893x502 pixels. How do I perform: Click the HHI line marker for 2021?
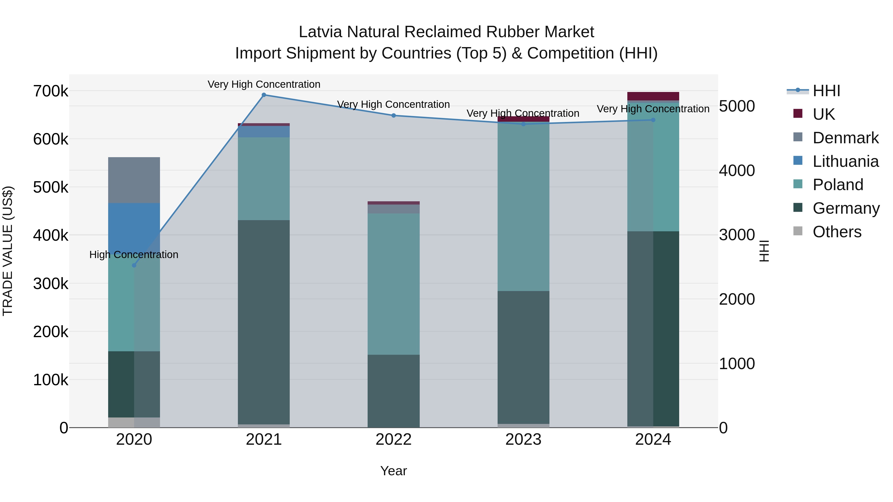tap(264, 95)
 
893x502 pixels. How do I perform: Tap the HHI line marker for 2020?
tap(134, 265)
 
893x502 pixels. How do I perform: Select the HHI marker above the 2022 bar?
tap(393, 116)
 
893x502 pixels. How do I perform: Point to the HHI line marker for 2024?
tap(653, 120)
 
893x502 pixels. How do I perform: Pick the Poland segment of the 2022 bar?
tap(393, 284)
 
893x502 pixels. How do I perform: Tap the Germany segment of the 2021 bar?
tap(264, 322)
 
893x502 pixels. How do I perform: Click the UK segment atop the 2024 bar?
tap(653, 96)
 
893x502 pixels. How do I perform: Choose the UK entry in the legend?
tap(824, 114)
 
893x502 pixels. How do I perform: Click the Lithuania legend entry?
tap(845, 161)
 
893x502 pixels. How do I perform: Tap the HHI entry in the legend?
tap(827, 91)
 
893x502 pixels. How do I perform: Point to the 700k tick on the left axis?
tap(51, 91)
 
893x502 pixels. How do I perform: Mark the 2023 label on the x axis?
tap(523, 440)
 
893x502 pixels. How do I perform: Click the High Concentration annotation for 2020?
tap(134, 255)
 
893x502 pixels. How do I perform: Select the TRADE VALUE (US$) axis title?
tap(8, 251)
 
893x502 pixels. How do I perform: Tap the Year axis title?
tap(393, 471)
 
